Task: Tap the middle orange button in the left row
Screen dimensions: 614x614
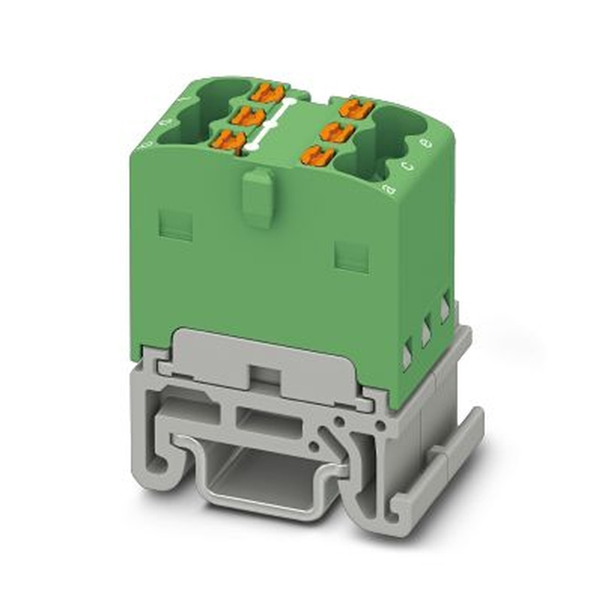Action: [248, 116]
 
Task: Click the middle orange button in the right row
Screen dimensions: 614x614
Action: [337, 132]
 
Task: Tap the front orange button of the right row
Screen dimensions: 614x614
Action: [318, 155]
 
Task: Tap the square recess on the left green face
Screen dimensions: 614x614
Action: [176, 225]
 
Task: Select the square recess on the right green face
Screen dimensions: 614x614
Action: [352, 257]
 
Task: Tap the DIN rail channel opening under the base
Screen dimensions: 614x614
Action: [270, 479]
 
